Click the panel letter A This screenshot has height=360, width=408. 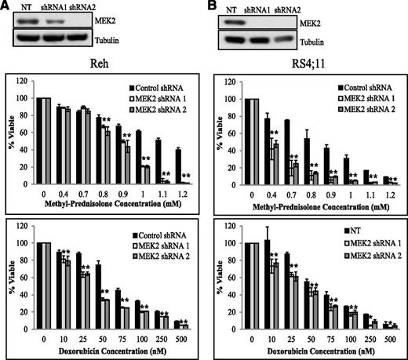coord(6,6)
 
